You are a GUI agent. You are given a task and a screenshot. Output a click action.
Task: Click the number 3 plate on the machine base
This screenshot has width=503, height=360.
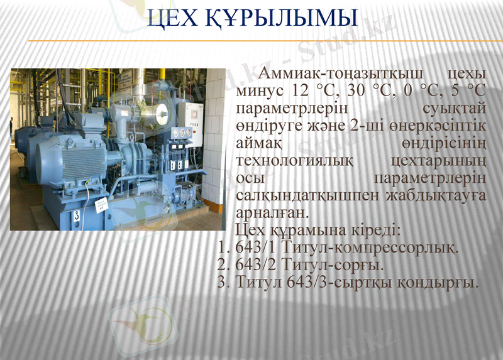point(76,215)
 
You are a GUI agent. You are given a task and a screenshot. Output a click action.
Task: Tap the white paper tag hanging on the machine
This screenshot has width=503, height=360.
point(101,205)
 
